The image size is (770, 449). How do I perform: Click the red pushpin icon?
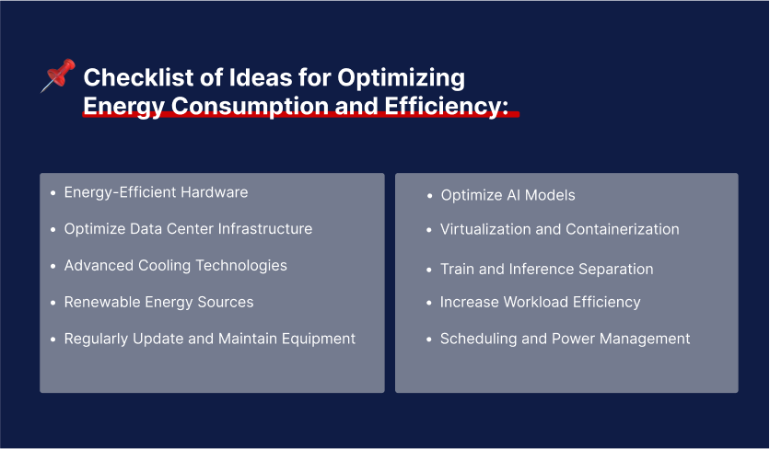point(56,76)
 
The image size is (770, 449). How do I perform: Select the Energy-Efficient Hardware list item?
point(156,192)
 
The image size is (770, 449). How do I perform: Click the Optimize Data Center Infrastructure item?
point(188,228)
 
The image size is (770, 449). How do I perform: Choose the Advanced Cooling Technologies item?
point(175,265)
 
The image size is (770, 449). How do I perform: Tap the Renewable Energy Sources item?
point(158,302)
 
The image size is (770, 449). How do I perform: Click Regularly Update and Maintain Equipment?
point(209,339)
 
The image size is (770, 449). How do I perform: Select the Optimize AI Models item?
point(507,195)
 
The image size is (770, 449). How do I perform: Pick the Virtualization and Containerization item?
point(559,229)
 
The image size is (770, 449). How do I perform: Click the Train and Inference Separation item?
point(546,269)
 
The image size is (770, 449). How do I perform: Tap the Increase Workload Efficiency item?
point(540,302)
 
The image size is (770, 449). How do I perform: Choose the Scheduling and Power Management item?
point(565,339)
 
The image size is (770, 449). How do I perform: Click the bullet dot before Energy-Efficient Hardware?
point(52,193)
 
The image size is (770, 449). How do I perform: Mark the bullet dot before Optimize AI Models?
point(429,196)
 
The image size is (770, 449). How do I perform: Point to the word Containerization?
point(622,229)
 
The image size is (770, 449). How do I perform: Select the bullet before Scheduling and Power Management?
point(429,340)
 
